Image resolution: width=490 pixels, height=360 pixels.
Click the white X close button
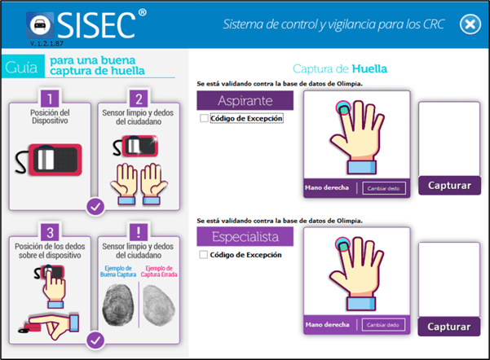click(x=470, y=24)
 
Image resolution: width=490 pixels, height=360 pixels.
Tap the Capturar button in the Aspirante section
click(x=449, y=186)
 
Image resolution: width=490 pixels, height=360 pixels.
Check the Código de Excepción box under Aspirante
click(x=204, y=118)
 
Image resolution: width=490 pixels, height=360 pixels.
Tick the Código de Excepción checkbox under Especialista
click(x=204, y=255)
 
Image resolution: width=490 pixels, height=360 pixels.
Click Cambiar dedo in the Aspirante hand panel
click(x=384, y=188)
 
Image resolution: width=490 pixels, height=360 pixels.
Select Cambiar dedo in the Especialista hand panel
click(x=383, y=325)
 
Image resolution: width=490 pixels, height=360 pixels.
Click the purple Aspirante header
click(x=245, y=100)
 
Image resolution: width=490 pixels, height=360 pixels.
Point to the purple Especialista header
click(x=245, y=237)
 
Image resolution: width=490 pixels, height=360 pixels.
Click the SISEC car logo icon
click(x=40, y=25)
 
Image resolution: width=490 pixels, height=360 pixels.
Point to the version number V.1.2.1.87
click(x=46, y=44)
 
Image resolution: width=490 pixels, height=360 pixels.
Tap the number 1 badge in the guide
click(x=50, y=99)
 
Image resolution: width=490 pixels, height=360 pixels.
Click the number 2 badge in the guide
click(x=139, y=99)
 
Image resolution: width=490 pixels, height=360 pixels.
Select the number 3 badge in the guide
click(x=50, y=232)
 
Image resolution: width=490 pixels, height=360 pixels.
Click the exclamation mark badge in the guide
click(x=139, y=232)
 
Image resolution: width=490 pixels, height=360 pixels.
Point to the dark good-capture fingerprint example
click(x=118, y=305)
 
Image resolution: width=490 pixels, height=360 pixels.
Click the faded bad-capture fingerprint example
click(x=159, y=305)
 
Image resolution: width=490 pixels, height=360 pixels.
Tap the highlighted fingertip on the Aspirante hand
click(x=343, y=108)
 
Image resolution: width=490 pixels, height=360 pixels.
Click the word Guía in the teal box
click(x=21, y=68)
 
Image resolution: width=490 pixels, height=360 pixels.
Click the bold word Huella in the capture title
click(x=369, y=68)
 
